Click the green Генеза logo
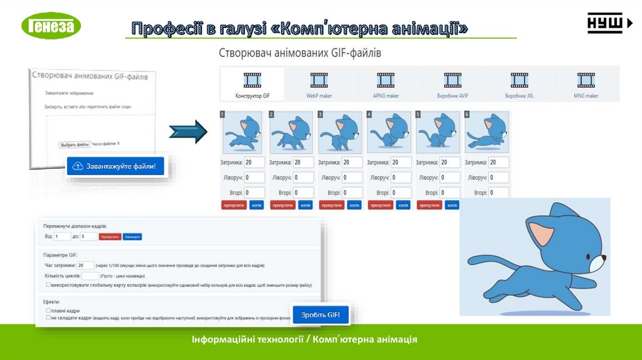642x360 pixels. click(x=51, y=26)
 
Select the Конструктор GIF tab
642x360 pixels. click(x=253, y=84)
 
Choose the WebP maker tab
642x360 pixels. click(x=318, y=84)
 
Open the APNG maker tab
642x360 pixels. click(x=386, y=84)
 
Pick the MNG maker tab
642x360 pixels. click(x=586, y=84)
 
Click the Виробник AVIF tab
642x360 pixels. click(x=452, y=84)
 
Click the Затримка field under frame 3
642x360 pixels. click(x=352, y=162)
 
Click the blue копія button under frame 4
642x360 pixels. click(x=403, y=205)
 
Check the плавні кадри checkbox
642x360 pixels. click(x=49, y=310)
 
